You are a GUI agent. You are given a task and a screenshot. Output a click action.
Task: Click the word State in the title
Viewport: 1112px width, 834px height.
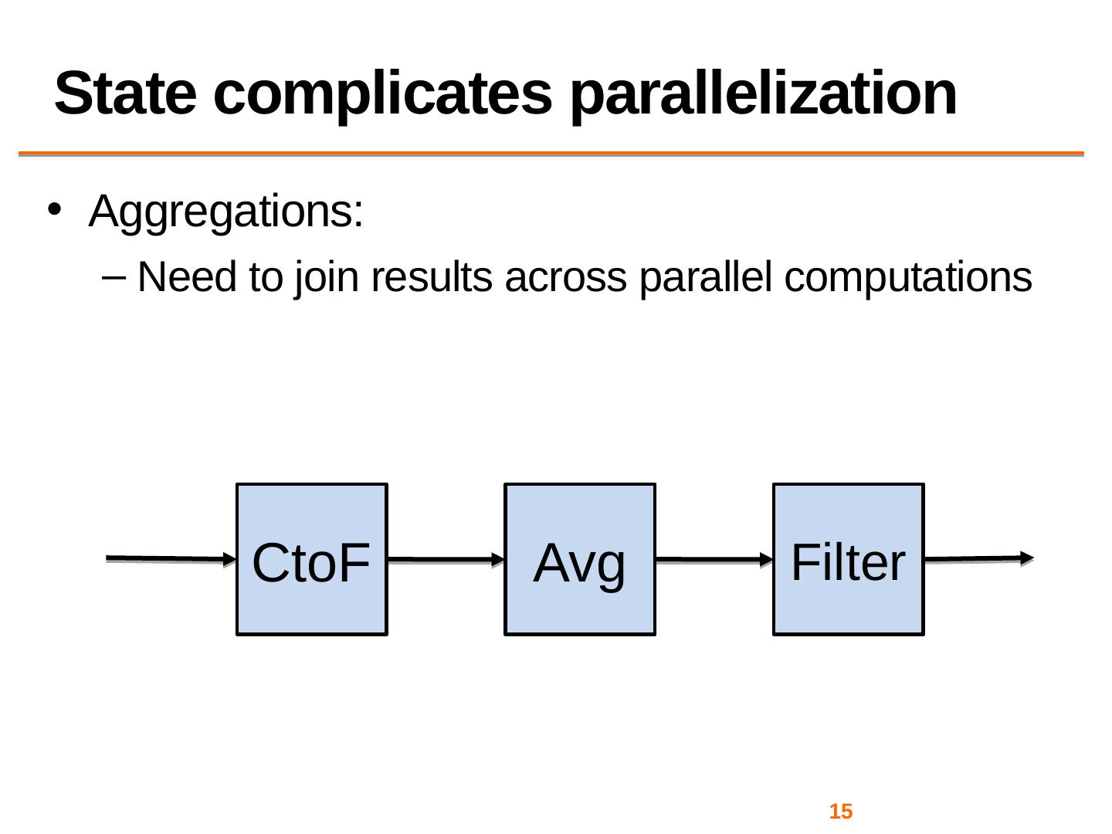[125, 94]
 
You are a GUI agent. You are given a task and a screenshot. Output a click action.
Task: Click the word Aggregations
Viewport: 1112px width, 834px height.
[226, 212]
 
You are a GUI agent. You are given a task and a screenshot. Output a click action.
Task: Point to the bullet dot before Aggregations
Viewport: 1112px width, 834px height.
[54, 209]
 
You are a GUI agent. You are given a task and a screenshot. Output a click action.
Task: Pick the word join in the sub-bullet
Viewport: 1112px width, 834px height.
[327, 279]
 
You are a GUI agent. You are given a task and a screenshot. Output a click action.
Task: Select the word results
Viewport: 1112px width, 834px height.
[432, 277]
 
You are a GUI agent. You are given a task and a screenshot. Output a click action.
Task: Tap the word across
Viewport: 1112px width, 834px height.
[565, 280]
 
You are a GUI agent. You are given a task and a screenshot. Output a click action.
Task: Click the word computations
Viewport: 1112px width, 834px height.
[908, 279]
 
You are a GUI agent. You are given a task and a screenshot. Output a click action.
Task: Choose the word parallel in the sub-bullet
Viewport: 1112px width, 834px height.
[705, 279]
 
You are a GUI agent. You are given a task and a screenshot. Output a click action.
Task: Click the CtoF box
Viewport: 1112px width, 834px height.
[311, 560]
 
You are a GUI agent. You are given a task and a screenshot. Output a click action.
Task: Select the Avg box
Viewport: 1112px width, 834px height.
[580, 560]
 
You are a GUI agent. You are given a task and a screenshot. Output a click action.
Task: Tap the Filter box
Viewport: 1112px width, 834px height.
[848, 560]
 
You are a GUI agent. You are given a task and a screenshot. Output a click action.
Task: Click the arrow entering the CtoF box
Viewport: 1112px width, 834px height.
[171, 559]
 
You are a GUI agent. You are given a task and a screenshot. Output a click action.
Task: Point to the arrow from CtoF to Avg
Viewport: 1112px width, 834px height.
[446, 560]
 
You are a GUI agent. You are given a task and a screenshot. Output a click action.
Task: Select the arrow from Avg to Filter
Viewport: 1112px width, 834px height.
[714, 560]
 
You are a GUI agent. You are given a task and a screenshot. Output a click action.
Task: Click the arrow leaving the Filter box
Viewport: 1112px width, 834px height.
[978, 558]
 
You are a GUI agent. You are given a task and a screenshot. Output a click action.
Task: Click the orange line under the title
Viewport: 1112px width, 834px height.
[551, 154]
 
